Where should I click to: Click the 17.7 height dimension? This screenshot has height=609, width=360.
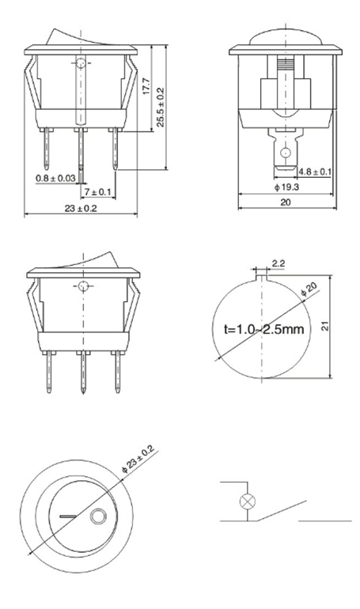[146, 86]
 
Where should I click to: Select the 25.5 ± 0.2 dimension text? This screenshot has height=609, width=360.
[161, 107]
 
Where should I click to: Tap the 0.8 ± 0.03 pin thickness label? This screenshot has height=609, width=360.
[56, 178]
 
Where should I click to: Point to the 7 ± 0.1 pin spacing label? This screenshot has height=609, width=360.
[98, 192]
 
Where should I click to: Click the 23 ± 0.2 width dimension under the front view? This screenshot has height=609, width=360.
[81, 208]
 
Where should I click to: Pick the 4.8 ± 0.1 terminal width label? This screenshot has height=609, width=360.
[315, 172]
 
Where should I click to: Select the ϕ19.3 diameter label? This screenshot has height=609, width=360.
[286, 187]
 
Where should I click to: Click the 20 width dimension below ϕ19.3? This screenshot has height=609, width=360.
[286, 202]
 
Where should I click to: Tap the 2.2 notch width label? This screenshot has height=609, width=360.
[278, 263]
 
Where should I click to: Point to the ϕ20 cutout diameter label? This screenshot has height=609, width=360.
[309, 289]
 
